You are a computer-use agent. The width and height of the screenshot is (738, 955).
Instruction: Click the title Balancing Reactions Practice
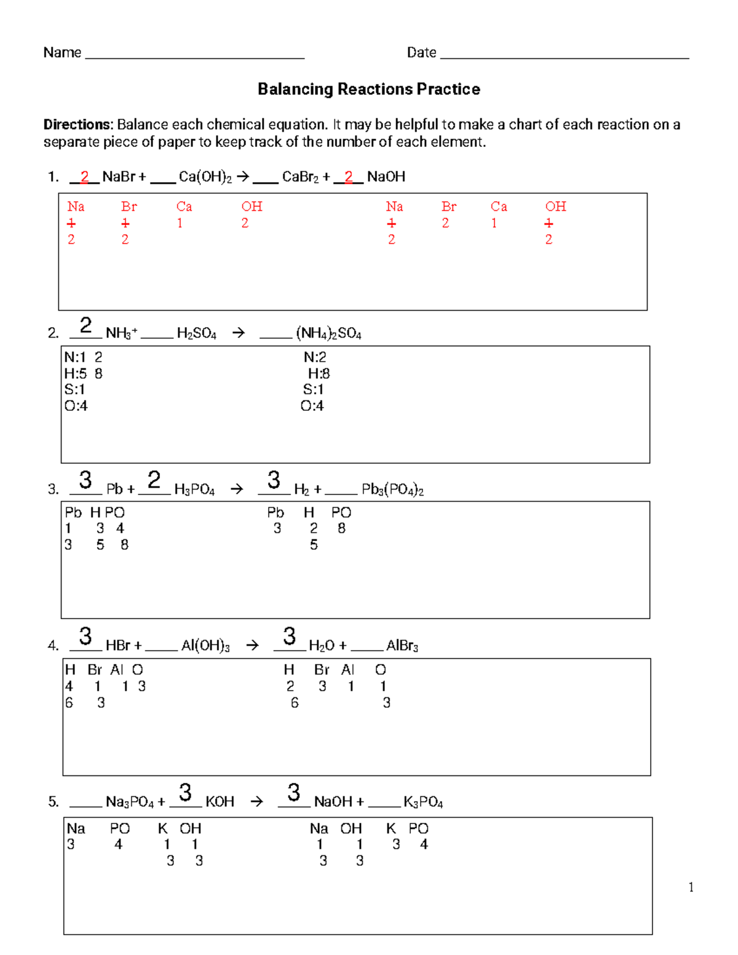(x=368, y=89)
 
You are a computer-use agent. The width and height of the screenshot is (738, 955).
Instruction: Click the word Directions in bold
(x=78, y=124)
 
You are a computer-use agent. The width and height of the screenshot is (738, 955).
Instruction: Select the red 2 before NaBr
(x=85, y=176)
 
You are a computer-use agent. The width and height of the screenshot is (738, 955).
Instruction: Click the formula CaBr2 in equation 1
(x=300, y=177)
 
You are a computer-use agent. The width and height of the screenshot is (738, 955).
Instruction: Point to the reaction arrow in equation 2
(x=239, y=333)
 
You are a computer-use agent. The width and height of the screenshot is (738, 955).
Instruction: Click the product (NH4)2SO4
(x=328, y=334)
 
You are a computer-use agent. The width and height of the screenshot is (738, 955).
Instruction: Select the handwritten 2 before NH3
(x=86, y=325)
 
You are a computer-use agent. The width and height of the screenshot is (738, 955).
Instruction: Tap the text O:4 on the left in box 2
(x=76, y=406)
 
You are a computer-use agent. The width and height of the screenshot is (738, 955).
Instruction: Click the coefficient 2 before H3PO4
(x=154, y=480)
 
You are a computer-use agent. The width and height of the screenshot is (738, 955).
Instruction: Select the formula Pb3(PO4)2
(x=392, y=489)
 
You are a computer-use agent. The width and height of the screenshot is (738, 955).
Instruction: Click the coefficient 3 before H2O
(x=289, y=636)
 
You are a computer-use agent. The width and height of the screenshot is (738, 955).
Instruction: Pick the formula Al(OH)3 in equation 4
(x=205, y=646)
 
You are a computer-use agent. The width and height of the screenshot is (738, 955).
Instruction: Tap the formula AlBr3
(x=402, y=646)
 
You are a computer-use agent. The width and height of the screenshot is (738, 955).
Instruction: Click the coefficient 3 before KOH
(x=185, y=792)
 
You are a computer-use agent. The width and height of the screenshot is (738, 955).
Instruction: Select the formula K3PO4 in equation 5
(x=423, y=802)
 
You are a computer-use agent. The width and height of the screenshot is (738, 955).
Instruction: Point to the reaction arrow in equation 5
(x=257, y=802)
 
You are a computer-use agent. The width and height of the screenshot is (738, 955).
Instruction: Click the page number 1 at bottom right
(x=691, y=887)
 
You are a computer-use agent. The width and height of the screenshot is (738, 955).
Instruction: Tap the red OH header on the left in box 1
(x=252, y=207)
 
